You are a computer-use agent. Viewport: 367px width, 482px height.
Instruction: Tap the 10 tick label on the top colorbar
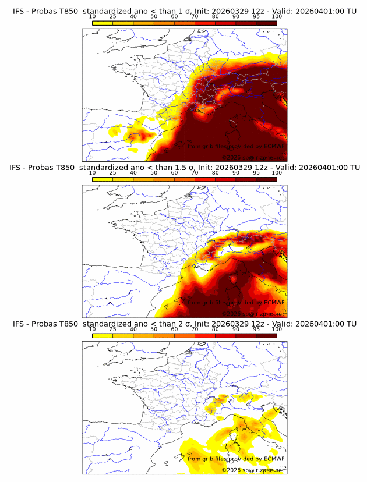[93, 17]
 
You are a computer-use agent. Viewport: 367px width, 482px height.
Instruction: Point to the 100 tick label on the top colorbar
[277, 17]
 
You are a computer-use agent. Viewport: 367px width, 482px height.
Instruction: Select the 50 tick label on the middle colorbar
[154, 173]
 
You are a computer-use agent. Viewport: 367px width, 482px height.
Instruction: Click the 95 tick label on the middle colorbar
[256, 173]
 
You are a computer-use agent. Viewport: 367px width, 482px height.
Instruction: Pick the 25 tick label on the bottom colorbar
[113, 329]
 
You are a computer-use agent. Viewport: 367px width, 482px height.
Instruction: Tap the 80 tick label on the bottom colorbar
[216, 329]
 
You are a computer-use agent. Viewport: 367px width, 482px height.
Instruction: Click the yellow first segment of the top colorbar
[103, 23]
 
